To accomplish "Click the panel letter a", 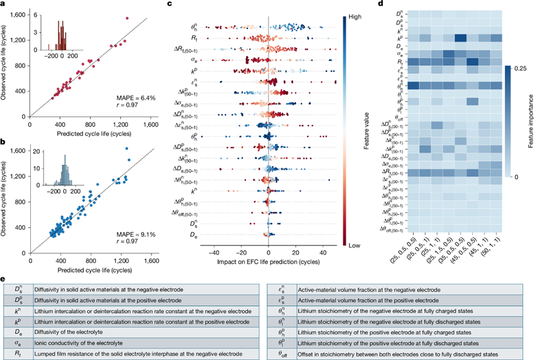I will [x=3, y=4].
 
